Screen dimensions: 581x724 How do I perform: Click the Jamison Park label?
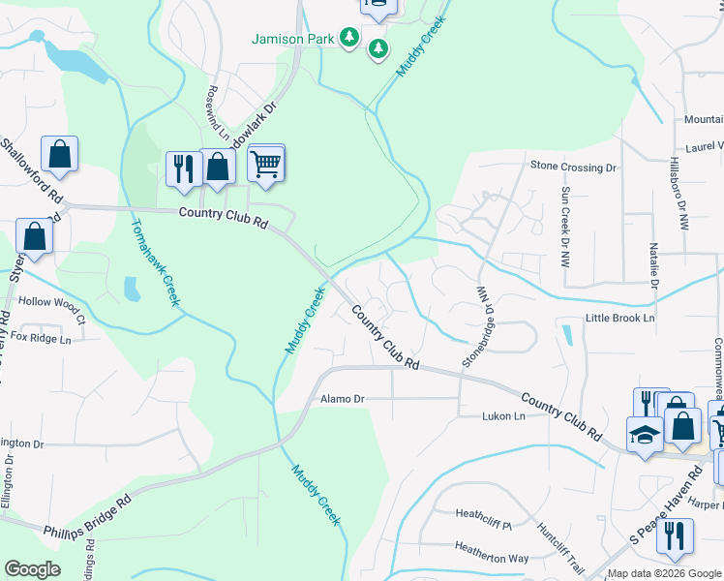coord(291,40)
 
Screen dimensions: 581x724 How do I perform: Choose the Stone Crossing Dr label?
coord(573,167)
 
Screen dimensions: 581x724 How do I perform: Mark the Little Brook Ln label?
coord(619,318)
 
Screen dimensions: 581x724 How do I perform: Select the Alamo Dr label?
coord(342,398)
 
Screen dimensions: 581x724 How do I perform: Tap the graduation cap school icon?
coord(645,434)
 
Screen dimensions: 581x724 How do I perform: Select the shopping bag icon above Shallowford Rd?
coord(59,154)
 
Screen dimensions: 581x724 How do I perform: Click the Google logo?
coord(33,569)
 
